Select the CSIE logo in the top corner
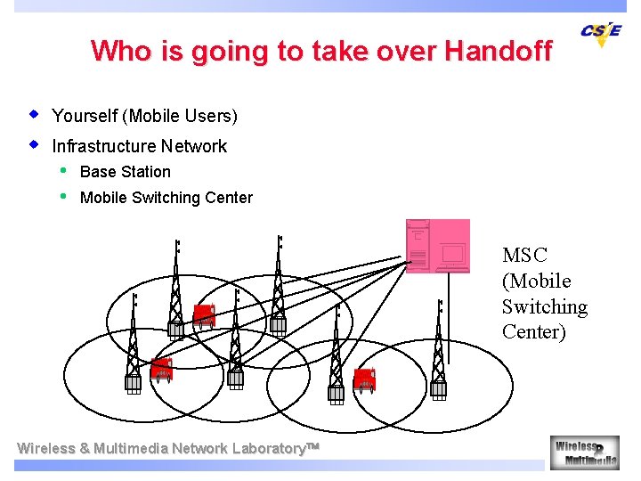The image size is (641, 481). click(601, 33)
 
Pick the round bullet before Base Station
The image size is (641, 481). click(63, 170)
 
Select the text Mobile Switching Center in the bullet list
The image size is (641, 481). click(166, 198)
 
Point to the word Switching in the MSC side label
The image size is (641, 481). click(544, 307)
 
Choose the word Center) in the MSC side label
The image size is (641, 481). click(533, 333)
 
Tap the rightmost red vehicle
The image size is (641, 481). click(364, 379)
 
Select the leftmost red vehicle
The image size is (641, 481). click(161, 369)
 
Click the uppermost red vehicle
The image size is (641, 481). click(204, 315)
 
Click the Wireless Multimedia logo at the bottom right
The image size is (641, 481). click(584, 452)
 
